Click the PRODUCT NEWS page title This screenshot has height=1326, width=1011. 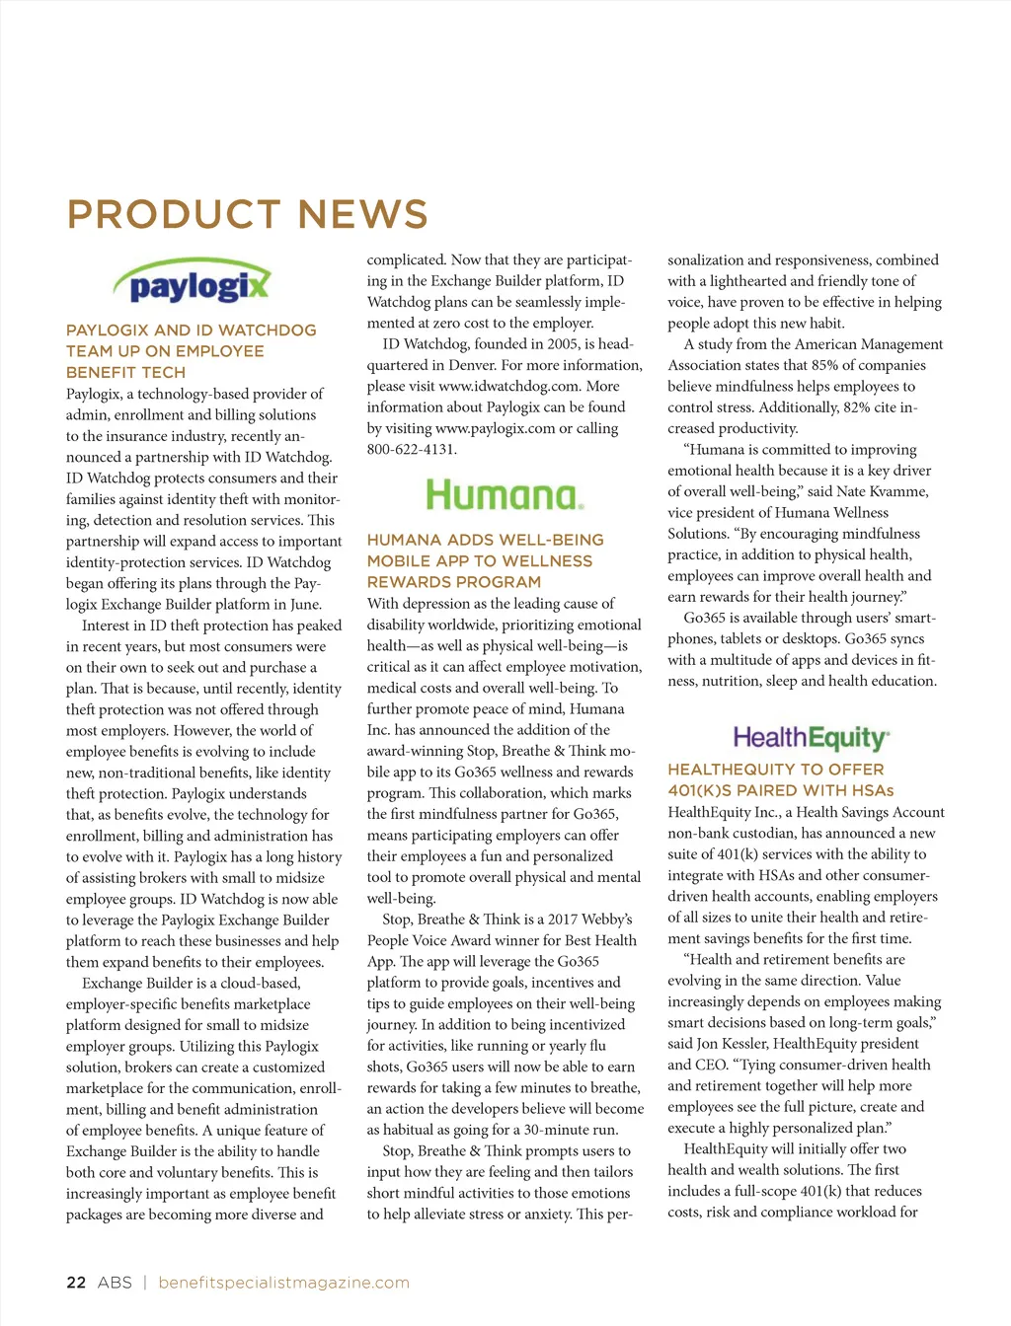247,215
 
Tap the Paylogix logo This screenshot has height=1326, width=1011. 193,283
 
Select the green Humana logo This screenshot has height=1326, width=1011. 505,494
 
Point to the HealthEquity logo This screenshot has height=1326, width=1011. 811,738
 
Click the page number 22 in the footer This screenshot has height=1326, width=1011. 76,1283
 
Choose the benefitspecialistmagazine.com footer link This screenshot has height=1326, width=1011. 283,1283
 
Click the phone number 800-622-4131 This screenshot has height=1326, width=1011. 412,449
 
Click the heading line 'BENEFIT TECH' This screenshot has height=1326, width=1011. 125,372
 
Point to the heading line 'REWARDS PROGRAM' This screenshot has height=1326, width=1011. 453,582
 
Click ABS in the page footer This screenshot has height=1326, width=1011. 115,1283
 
